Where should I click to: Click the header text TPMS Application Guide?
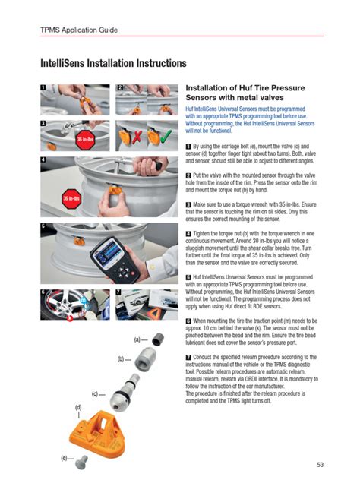pyautogui.click(x=80, y=30)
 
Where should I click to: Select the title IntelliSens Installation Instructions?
pyautogui.click(x=113, y=62)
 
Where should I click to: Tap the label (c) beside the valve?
pyautogui.click(x=97, y=393)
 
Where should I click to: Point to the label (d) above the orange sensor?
pyautogui.click(x=78, y=408)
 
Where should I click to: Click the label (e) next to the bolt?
pyautogui.click(x=65, y=459)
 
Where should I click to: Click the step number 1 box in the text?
pyautogui.click(x=188, y=144)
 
